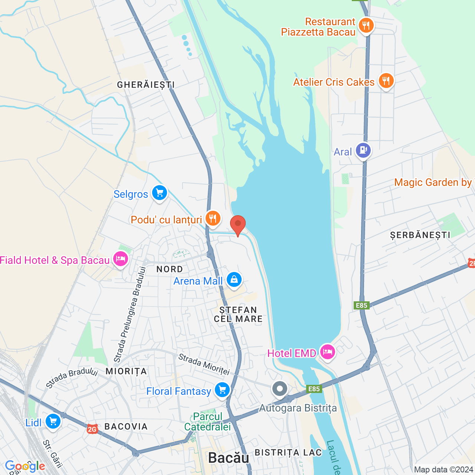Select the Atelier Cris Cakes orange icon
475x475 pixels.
pos(386,81)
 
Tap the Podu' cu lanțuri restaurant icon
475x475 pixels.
pos(213,219)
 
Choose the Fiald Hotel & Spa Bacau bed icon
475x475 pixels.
pos(120,259)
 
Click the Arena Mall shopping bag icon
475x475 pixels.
pos(234,280)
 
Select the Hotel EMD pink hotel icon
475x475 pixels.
pos(327,352)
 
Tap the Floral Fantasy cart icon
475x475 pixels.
pos(222,390)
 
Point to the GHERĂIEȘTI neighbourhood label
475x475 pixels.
pos(146,85)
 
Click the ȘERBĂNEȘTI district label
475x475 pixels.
pos(420,235)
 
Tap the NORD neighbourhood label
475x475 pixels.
pos(170,269)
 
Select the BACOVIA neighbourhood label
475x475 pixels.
pos(126,426)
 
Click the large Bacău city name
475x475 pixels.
pos(229,458)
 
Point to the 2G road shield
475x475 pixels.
pos(92,429)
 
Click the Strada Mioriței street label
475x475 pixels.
pos(204,364)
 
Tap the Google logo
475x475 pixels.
pos(25,466)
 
